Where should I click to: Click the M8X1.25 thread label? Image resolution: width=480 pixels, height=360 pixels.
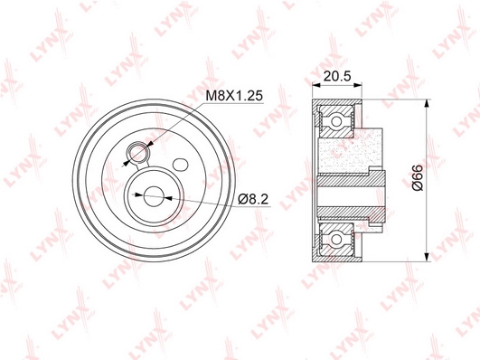(x=234, y=96)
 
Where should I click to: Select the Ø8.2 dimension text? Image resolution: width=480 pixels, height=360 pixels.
(x=253, y=200)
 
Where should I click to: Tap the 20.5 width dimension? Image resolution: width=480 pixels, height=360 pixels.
(x=337, y=76)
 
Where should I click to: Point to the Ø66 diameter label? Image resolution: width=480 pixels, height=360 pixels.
(x=418, y=177)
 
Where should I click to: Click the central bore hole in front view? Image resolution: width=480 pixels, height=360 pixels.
(x=153, y=196)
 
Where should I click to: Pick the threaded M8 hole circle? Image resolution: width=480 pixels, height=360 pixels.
(x=137, y=152)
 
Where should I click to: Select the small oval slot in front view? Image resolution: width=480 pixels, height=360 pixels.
(x=180, y=165)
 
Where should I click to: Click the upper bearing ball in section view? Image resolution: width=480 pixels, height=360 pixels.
(x=336, y=121)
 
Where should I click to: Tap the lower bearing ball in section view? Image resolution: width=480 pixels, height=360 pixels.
(x=336, y=239)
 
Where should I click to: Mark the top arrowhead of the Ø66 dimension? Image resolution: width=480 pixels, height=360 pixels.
(x=426, y=103)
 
